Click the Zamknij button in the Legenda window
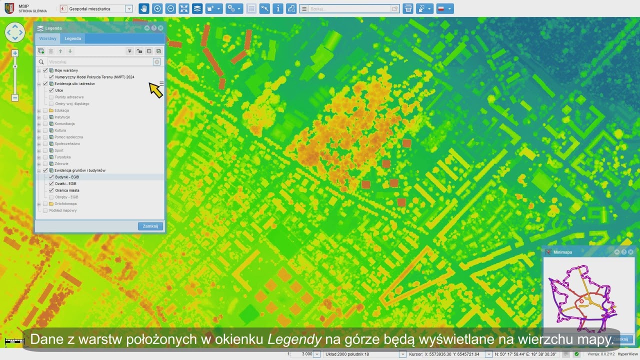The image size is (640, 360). click(150, 226)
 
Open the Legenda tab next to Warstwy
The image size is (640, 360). click(72, 38)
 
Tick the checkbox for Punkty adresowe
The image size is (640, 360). click(51, 97)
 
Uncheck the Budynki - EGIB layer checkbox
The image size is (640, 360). click(51, 177)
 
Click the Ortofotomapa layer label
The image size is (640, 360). click(65, 204)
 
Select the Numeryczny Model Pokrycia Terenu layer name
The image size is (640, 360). click(94, 77)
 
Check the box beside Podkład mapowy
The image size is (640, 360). click(45, 210)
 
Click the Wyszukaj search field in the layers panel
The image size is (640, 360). click(100, 62)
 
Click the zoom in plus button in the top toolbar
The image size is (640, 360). click(157, 8)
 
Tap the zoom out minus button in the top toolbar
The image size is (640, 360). click(170, 8)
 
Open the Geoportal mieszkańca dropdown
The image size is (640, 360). click(129, 8)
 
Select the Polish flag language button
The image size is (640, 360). click(444, 8)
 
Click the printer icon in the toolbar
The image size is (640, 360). click(408, 8)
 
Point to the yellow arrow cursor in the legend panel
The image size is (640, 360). click(155, 89)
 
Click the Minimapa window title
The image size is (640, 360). click(562, 252)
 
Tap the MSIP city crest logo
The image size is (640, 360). click(9, 8)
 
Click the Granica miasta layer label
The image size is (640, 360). click(67, 190)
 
